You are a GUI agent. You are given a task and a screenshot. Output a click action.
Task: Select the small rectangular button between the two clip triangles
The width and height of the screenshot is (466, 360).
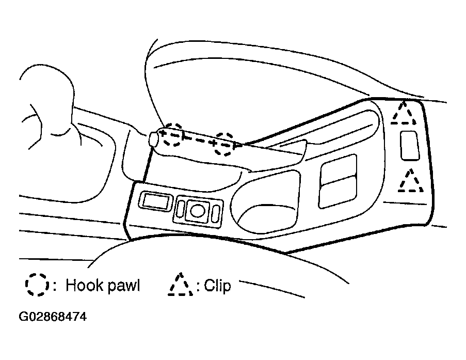[x=410, y=146]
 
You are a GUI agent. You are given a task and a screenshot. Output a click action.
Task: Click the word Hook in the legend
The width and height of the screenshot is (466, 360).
[x=85, y=285]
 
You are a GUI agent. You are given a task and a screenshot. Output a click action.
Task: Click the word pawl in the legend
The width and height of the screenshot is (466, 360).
[x=123, y=286]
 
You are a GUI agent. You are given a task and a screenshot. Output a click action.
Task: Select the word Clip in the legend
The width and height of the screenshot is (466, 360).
[x=218, y=286]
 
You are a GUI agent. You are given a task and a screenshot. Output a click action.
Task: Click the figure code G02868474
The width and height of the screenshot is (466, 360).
[x=53, y=317]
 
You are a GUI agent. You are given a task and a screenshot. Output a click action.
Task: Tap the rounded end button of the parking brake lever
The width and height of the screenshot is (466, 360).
[x=153, y=138]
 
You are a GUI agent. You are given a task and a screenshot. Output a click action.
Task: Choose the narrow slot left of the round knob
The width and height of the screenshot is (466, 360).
[x=180, y=208]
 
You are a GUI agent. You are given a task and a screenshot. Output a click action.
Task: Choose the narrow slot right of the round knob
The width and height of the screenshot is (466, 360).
[x=216, y=214]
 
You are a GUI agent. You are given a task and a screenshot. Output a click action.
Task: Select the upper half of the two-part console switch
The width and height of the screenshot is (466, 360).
[x=339, y=168]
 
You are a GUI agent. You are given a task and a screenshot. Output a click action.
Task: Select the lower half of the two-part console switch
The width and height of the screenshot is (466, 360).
[x=338, y=192]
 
